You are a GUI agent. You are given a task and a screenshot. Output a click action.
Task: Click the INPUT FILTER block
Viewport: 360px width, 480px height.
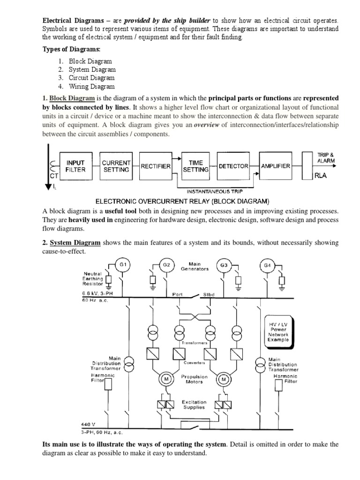tap(76, 166)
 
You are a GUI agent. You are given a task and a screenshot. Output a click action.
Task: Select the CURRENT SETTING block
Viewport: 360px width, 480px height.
tap(115, 166)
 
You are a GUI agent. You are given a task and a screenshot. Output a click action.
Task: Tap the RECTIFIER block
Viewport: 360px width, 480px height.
tap(156, 166)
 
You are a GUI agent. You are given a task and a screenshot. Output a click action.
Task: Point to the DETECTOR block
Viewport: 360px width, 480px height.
tap(233, 166)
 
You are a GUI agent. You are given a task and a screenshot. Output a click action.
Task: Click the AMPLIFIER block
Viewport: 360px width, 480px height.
tap(276, 166)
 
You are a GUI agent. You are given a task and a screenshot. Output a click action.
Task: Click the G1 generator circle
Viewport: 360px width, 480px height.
tap(123, 265)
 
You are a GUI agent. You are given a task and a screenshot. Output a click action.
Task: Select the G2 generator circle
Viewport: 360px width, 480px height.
tap(166, 265)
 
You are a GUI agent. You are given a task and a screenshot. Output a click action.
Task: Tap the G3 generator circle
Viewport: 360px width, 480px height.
tap(224, 265)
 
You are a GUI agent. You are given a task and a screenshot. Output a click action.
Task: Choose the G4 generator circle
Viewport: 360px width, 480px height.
tap(267, 265)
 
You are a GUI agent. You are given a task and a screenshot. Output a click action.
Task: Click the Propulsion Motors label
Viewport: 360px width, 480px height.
tap(192, 379)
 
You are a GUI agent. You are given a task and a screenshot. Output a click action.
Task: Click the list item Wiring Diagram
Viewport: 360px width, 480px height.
tap(91, 86)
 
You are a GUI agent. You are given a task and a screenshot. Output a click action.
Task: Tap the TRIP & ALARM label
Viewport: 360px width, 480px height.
tap(326, 157)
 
